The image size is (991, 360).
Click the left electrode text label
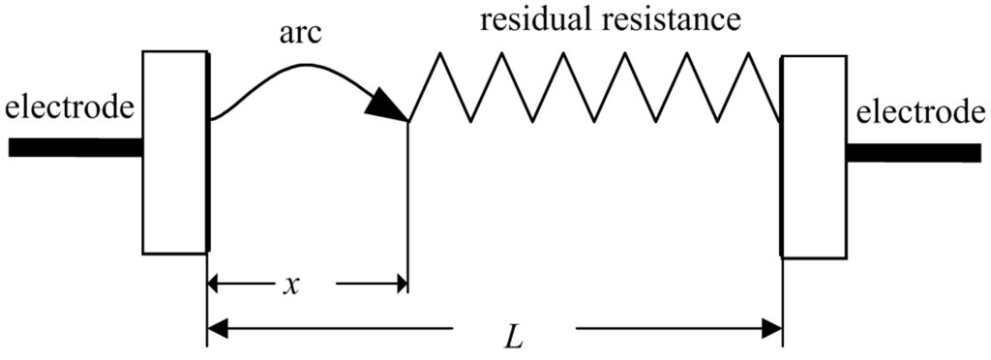tap(68, 107)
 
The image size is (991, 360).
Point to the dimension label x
tap(290, 285)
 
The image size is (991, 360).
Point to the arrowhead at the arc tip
tap(388, 104)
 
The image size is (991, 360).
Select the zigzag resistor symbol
tap(595, 87)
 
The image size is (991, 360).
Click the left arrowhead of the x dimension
tap(217, 284)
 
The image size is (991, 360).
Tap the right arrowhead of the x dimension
tap(398, 284)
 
